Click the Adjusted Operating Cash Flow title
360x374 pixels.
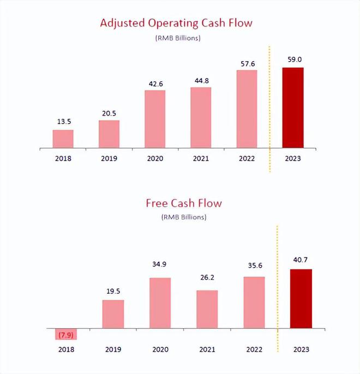177,23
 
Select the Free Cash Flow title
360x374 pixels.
183,203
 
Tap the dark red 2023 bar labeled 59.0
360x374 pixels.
292,107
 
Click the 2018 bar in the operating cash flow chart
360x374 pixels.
63,138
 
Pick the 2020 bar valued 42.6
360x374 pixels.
155,119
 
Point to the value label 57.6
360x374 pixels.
247,63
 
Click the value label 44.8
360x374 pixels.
201,81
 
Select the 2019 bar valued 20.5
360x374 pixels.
109,134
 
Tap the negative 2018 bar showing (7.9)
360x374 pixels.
65,334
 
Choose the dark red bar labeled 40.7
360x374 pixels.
301,299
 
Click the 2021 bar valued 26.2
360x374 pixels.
207,309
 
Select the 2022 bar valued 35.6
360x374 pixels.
254,303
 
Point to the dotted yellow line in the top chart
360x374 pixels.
269,109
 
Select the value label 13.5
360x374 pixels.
63,122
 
